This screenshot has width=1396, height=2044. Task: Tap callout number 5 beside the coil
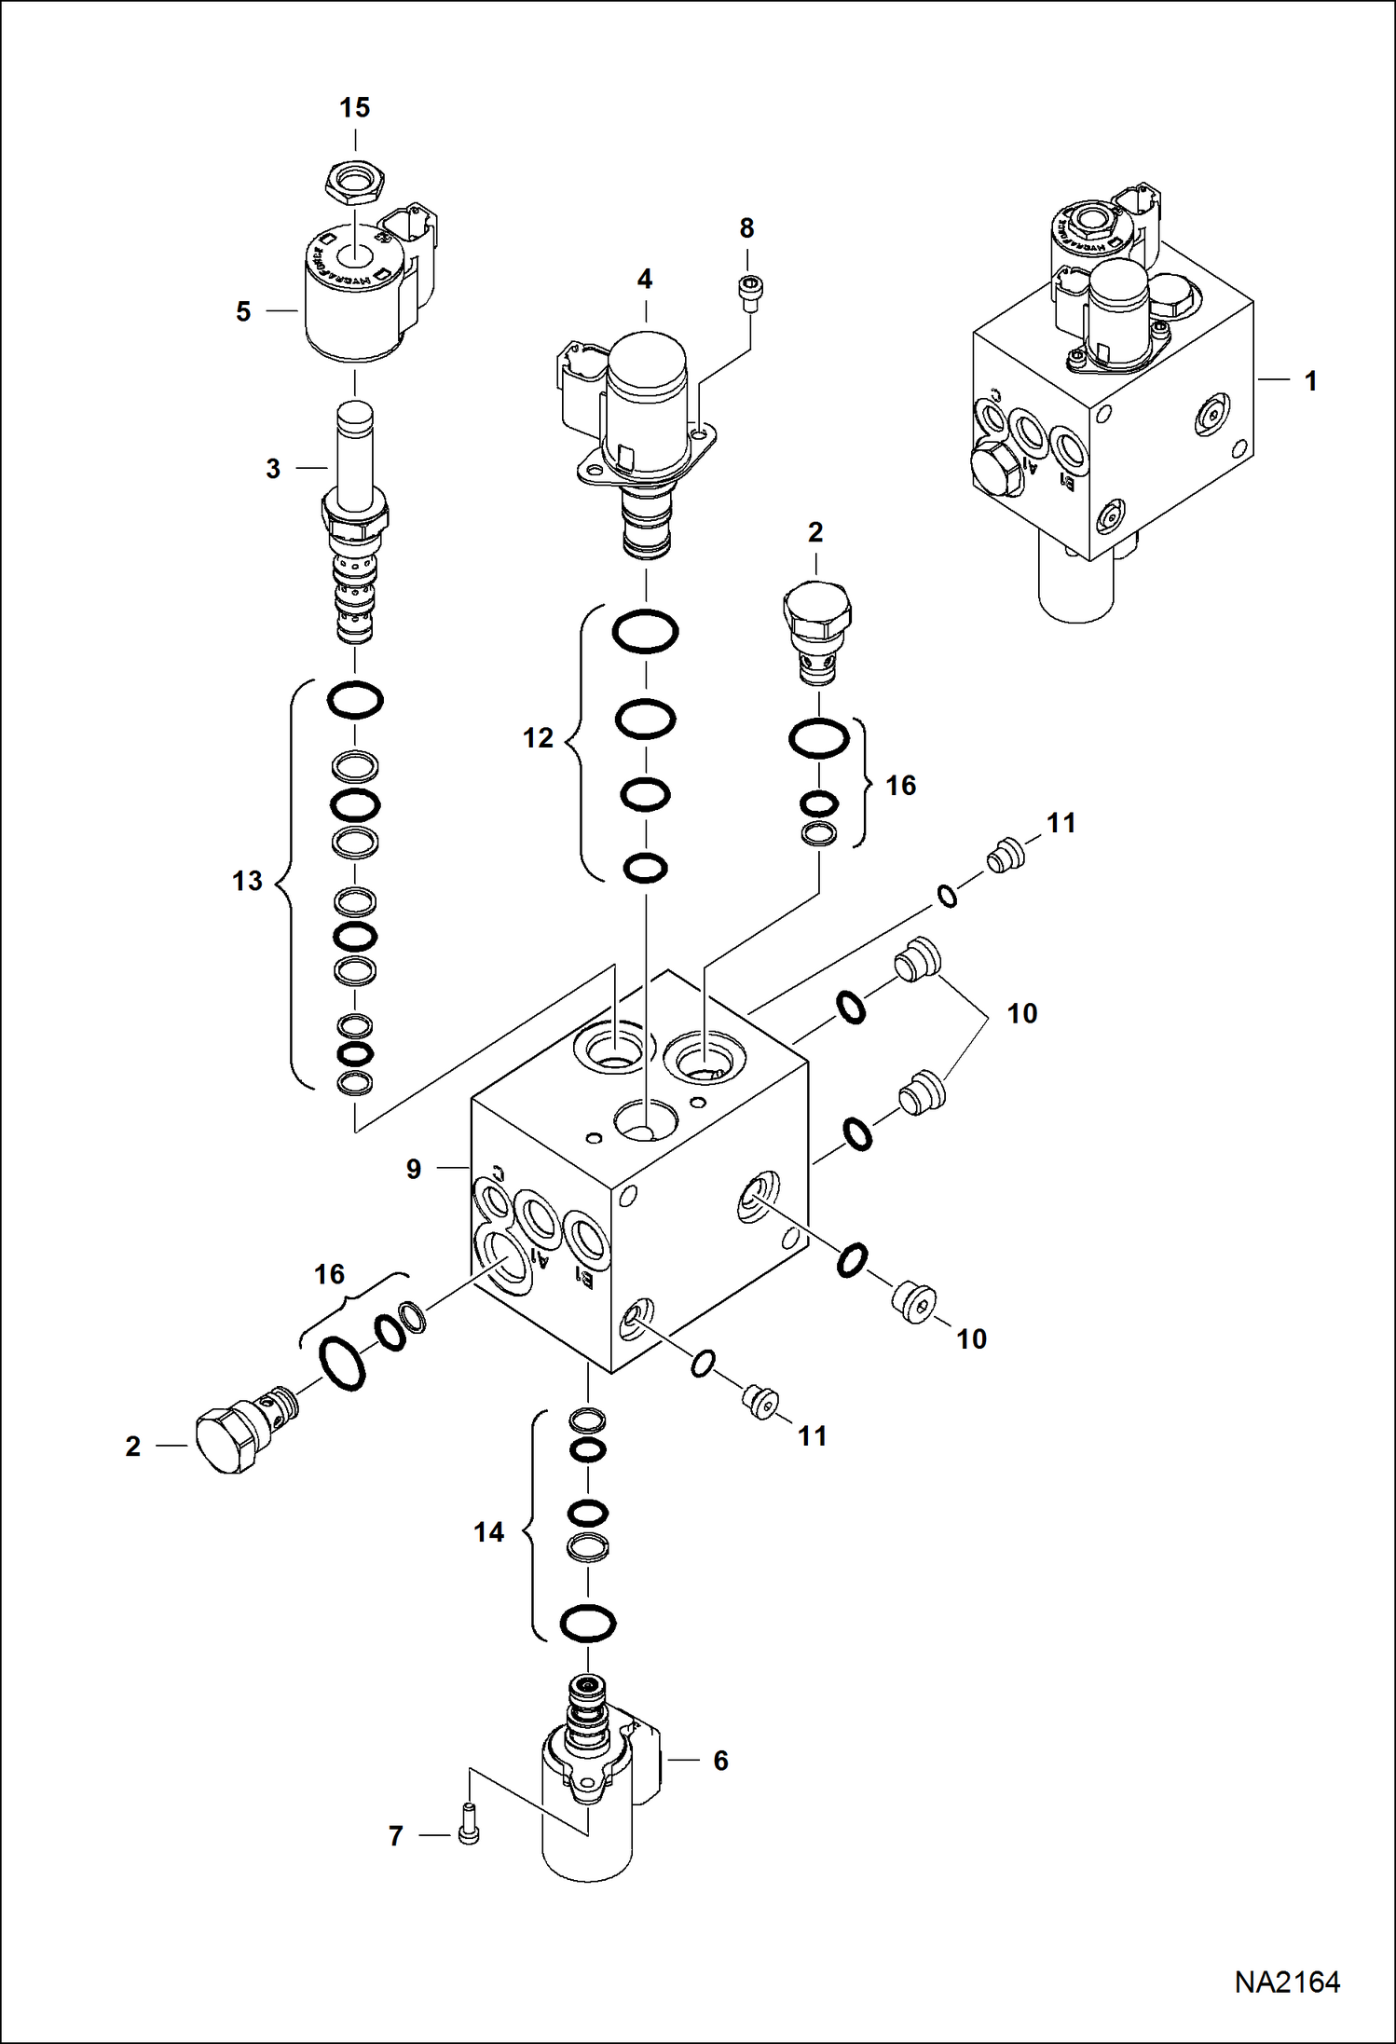pyautogui.click(x=243, y=311)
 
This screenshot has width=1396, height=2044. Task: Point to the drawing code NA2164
pyautogui.click(x=1287, y=1982)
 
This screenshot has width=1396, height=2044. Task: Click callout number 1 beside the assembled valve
pyautogui.click(x=1310, y=381)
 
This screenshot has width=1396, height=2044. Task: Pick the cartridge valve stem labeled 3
pyautogui.click(x=355, y=522)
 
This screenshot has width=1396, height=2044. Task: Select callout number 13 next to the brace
pyautogui.click(x=248, y=881)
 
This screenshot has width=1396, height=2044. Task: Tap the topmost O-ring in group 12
pyautogui.click(x=645, y=632)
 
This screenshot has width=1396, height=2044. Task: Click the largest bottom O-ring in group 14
pyautogui.click(x=588, y=1624)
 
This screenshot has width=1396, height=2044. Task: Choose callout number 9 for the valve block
pyautogui.click(x=414, y=1169)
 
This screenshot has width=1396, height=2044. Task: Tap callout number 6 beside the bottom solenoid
pyautogui.click(x=720, y=1761)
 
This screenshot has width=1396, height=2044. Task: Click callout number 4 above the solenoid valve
pyautogui.click(x=645, y=279)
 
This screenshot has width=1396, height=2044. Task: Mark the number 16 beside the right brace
pyautogui.click(x=900, y=786)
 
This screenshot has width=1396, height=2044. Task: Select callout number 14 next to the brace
pyautogui.click(x=488, y=1532)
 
